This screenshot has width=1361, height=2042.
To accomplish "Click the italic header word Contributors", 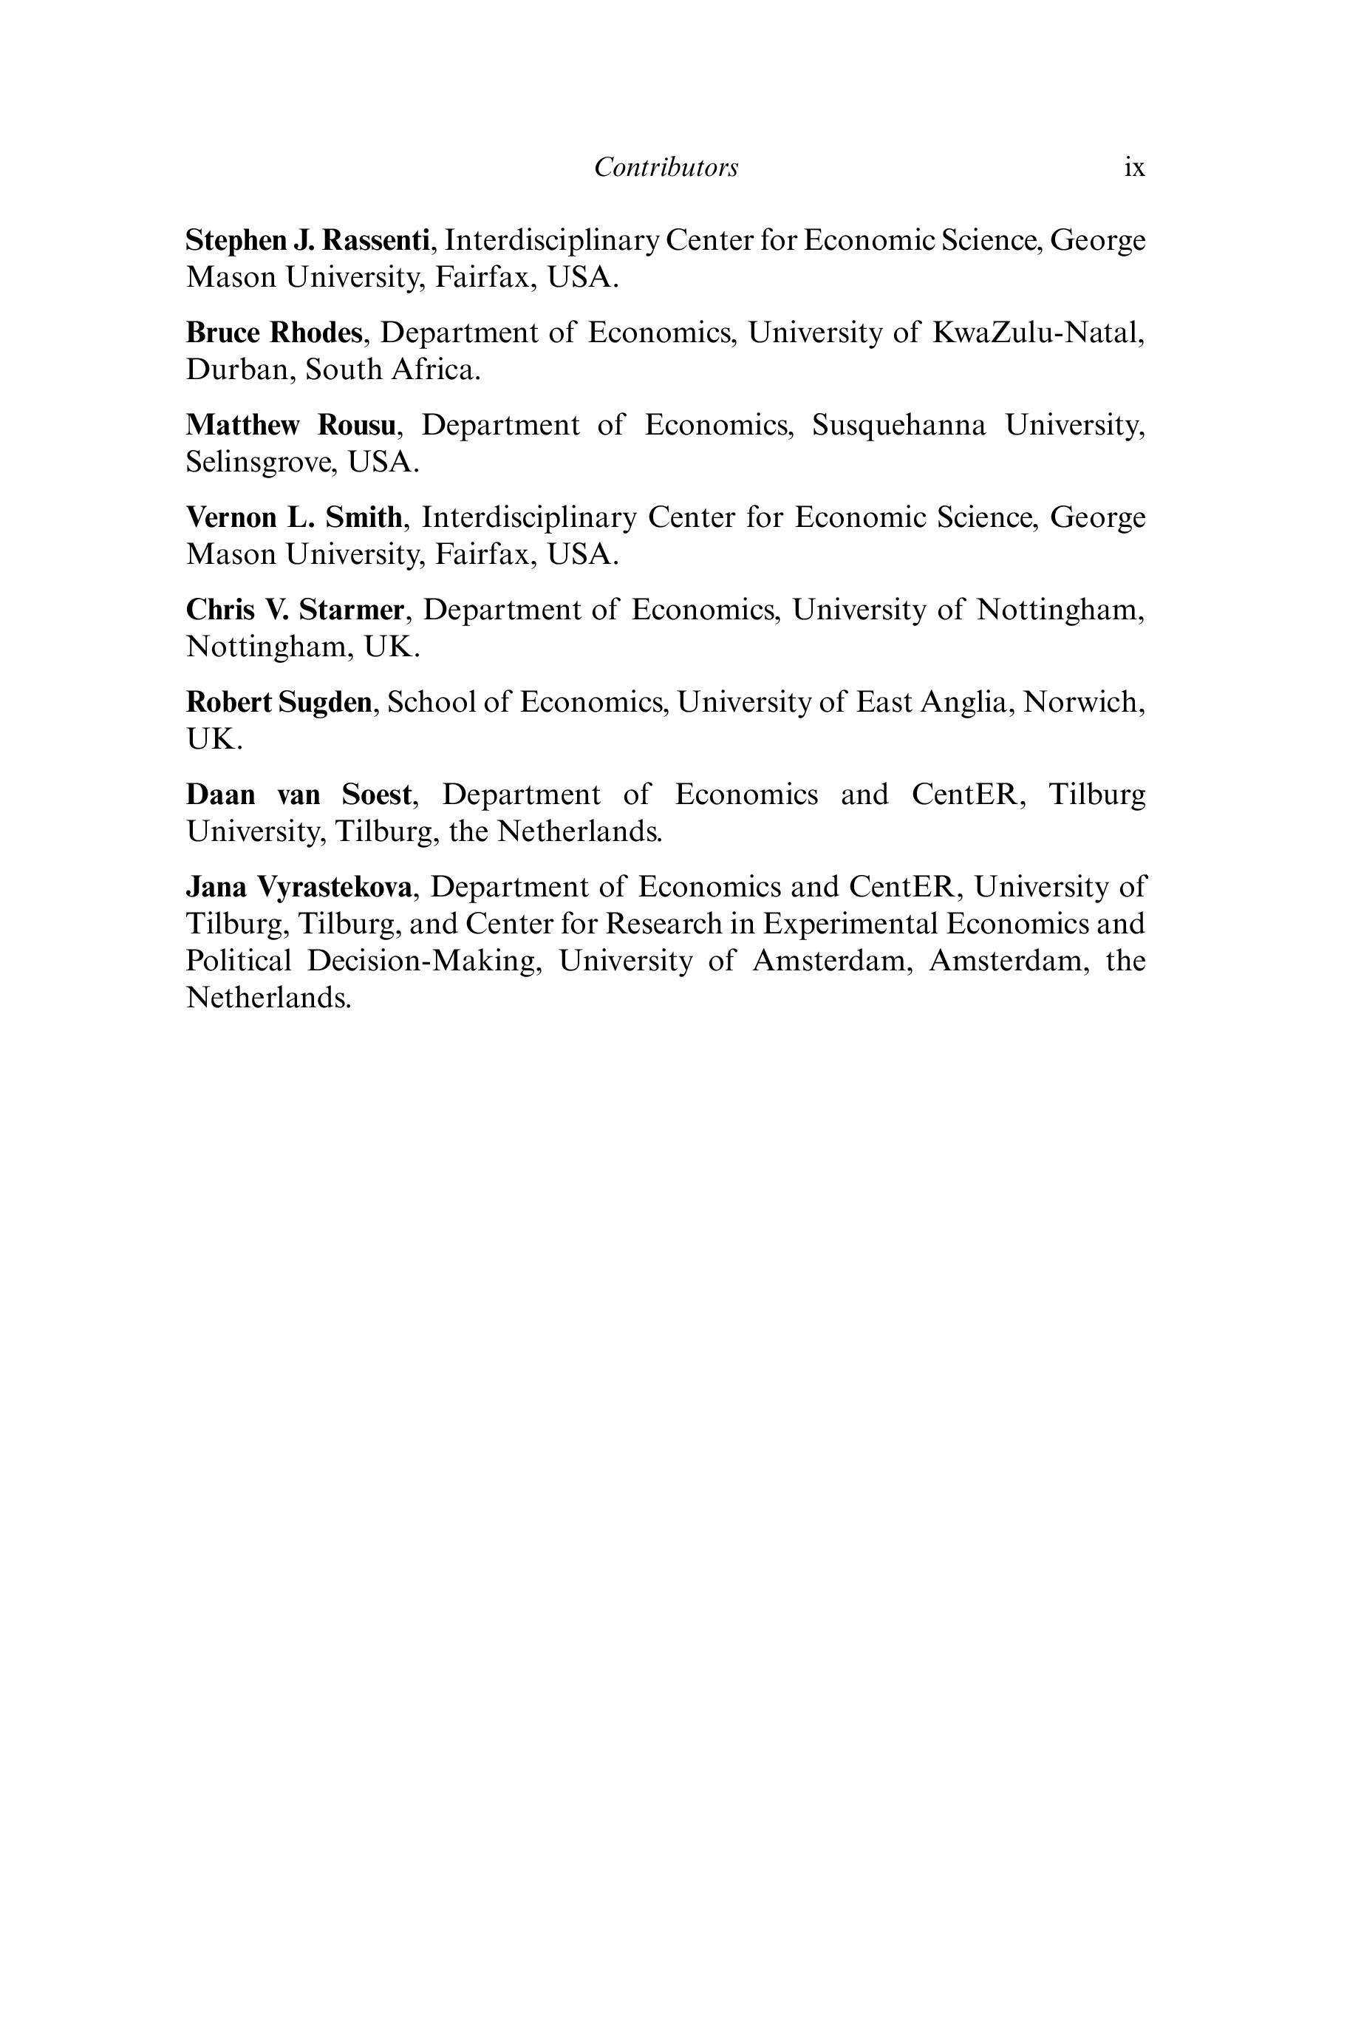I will click(x=666, y=168).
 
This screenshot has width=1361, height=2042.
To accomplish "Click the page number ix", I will click(x=1133, y=168).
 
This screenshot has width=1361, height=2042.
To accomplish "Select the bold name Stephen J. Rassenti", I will click(x=307, y=239).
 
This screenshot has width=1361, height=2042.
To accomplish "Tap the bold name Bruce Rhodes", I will click(x=273, y=333).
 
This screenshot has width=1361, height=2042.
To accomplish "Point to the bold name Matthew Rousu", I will click(x=291, y=426).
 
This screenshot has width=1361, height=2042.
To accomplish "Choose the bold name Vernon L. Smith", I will click(x=294, y=517).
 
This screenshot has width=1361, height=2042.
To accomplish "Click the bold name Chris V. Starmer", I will click(x=295, y=610).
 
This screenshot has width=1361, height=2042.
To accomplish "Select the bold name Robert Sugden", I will click(x=279, y=702).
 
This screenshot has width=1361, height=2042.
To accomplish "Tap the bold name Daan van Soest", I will click(x=299, y=795).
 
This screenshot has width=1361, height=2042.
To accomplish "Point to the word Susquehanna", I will click(x=898, y=426).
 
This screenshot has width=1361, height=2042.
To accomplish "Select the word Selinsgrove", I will click(x=260, y=462).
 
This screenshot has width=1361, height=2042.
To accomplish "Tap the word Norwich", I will click(x=1082, y=702).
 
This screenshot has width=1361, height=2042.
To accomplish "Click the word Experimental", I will click(x=850, y=924).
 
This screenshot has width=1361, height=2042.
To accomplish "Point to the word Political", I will click(x=239, y=961).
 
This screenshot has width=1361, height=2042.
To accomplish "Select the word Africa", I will click(x=435, y=370).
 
